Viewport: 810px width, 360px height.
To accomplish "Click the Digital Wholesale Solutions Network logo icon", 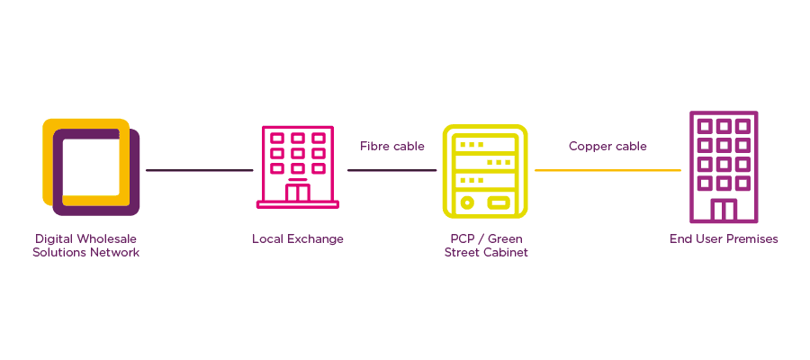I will click(91, 167).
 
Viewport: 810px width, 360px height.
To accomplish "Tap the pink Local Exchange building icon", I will click(298, 167).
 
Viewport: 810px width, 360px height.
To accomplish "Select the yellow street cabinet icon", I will click(484, 171).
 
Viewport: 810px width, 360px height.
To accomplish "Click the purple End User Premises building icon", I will click(723, 167).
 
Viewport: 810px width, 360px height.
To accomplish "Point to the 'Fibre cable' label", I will click(391, 146).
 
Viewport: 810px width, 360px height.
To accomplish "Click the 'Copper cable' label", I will click(607, 146).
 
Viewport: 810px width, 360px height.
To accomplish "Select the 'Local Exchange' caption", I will click(297, 239).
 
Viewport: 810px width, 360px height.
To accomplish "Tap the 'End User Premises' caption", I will click(724, 239).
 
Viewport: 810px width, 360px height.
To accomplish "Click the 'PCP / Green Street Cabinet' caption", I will click(485, 246).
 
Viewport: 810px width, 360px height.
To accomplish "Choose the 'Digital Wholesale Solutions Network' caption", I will click(86, 246).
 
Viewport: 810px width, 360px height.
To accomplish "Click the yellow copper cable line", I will click(607, 170).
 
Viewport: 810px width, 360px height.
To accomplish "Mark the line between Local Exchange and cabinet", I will click(391, 170).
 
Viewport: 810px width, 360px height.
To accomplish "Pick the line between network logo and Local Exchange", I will click(199, 170).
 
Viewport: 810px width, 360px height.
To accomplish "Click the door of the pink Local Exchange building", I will click(298, 192).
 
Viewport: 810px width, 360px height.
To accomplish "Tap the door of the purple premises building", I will click(723, 211).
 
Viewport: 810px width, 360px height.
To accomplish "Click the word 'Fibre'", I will click(374, 146).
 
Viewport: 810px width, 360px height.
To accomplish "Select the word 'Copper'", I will click(588, 146).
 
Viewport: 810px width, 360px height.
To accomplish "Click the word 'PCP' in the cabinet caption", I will click(462, 239).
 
